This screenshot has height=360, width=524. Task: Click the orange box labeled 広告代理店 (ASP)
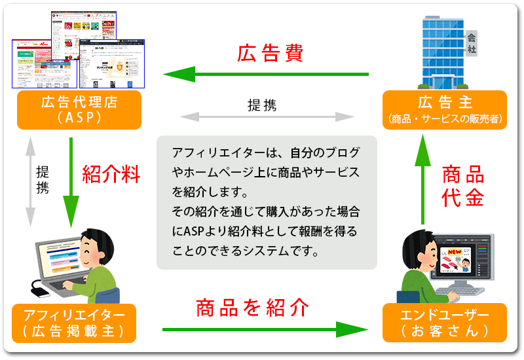coord(78,110)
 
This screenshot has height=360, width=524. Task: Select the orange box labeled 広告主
coord(445,110)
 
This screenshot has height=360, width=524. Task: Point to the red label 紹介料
coord(111,174)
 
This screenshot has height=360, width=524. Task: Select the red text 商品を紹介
coord(252,307)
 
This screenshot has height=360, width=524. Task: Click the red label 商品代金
coord(463,187)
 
